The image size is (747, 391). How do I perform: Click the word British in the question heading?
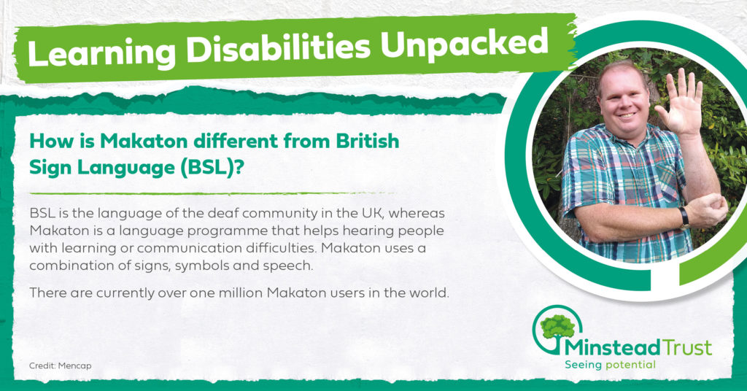pyautogui.click(x=368, y=141)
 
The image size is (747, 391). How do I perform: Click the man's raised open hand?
pyautogui.click(x=680, y=102)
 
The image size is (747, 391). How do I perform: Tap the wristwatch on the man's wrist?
pyautogui.click(x=684, y=217)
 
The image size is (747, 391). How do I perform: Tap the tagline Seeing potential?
pyautogui.click(x=610, y=365)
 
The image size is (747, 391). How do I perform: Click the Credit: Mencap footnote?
pyautogui.click(x=60, y=365)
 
